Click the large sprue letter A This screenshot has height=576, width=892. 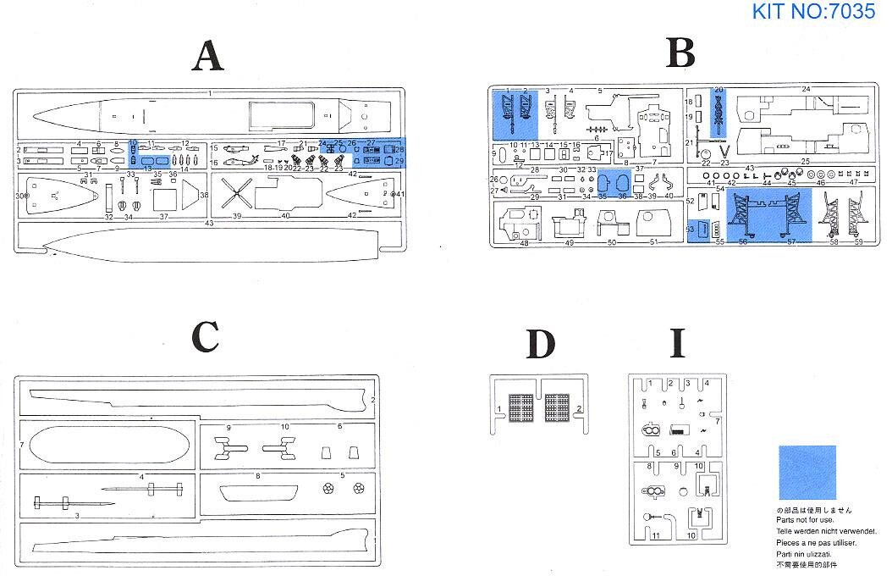(x=208, y=58)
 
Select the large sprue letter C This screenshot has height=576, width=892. (x=206, y=336)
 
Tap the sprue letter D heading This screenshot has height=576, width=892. (x=540, y=343)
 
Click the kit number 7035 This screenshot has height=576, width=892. (x=812, y=12)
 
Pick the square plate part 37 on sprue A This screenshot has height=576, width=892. (x=164, y=200)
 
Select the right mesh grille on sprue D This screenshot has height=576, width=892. (x=558, y=407)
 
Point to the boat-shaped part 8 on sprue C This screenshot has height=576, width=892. (x=257, y=492)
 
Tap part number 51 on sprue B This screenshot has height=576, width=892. (x=652, y=243)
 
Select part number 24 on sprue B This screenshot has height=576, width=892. (x=807, y=89)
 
